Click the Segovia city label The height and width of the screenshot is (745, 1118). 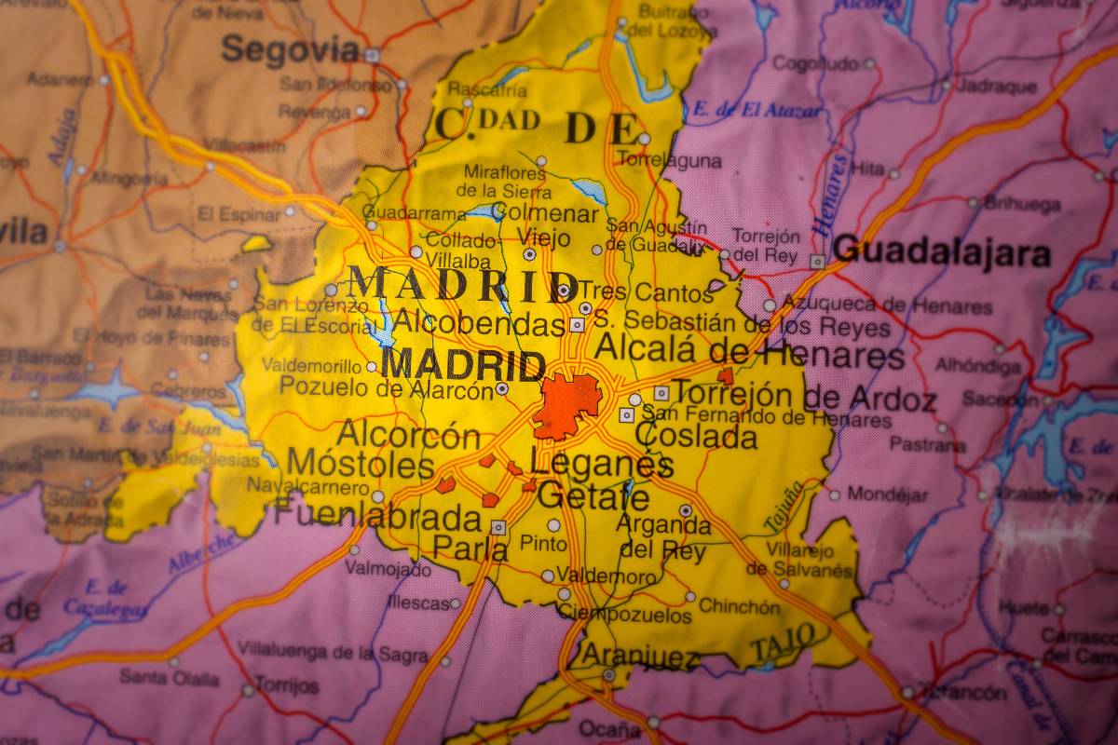[x=290, y=49]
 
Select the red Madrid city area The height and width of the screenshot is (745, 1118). [x=566, y=405]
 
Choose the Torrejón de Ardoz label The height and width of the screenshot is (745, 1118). [x=803, y=398]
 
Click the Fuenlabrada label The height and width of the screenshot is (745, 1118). [x=377, y=515]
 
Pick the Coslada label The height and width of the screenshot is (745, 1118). [x=695, y=435]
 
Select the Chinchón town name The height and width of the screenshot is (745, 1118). [x=740, y=606]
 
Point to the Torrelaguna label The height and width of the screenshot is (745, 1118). [x=669, y=160]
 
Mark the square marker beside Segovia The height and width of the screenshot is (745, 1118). [x=372, y=55]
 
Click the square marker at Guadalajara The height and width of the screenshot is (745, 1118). [x=817, y=262]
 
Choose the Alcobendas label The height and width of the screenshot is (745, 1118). [x=479, y=323]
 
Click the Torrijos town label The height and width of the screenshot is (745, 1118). [x=287, y=686]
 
